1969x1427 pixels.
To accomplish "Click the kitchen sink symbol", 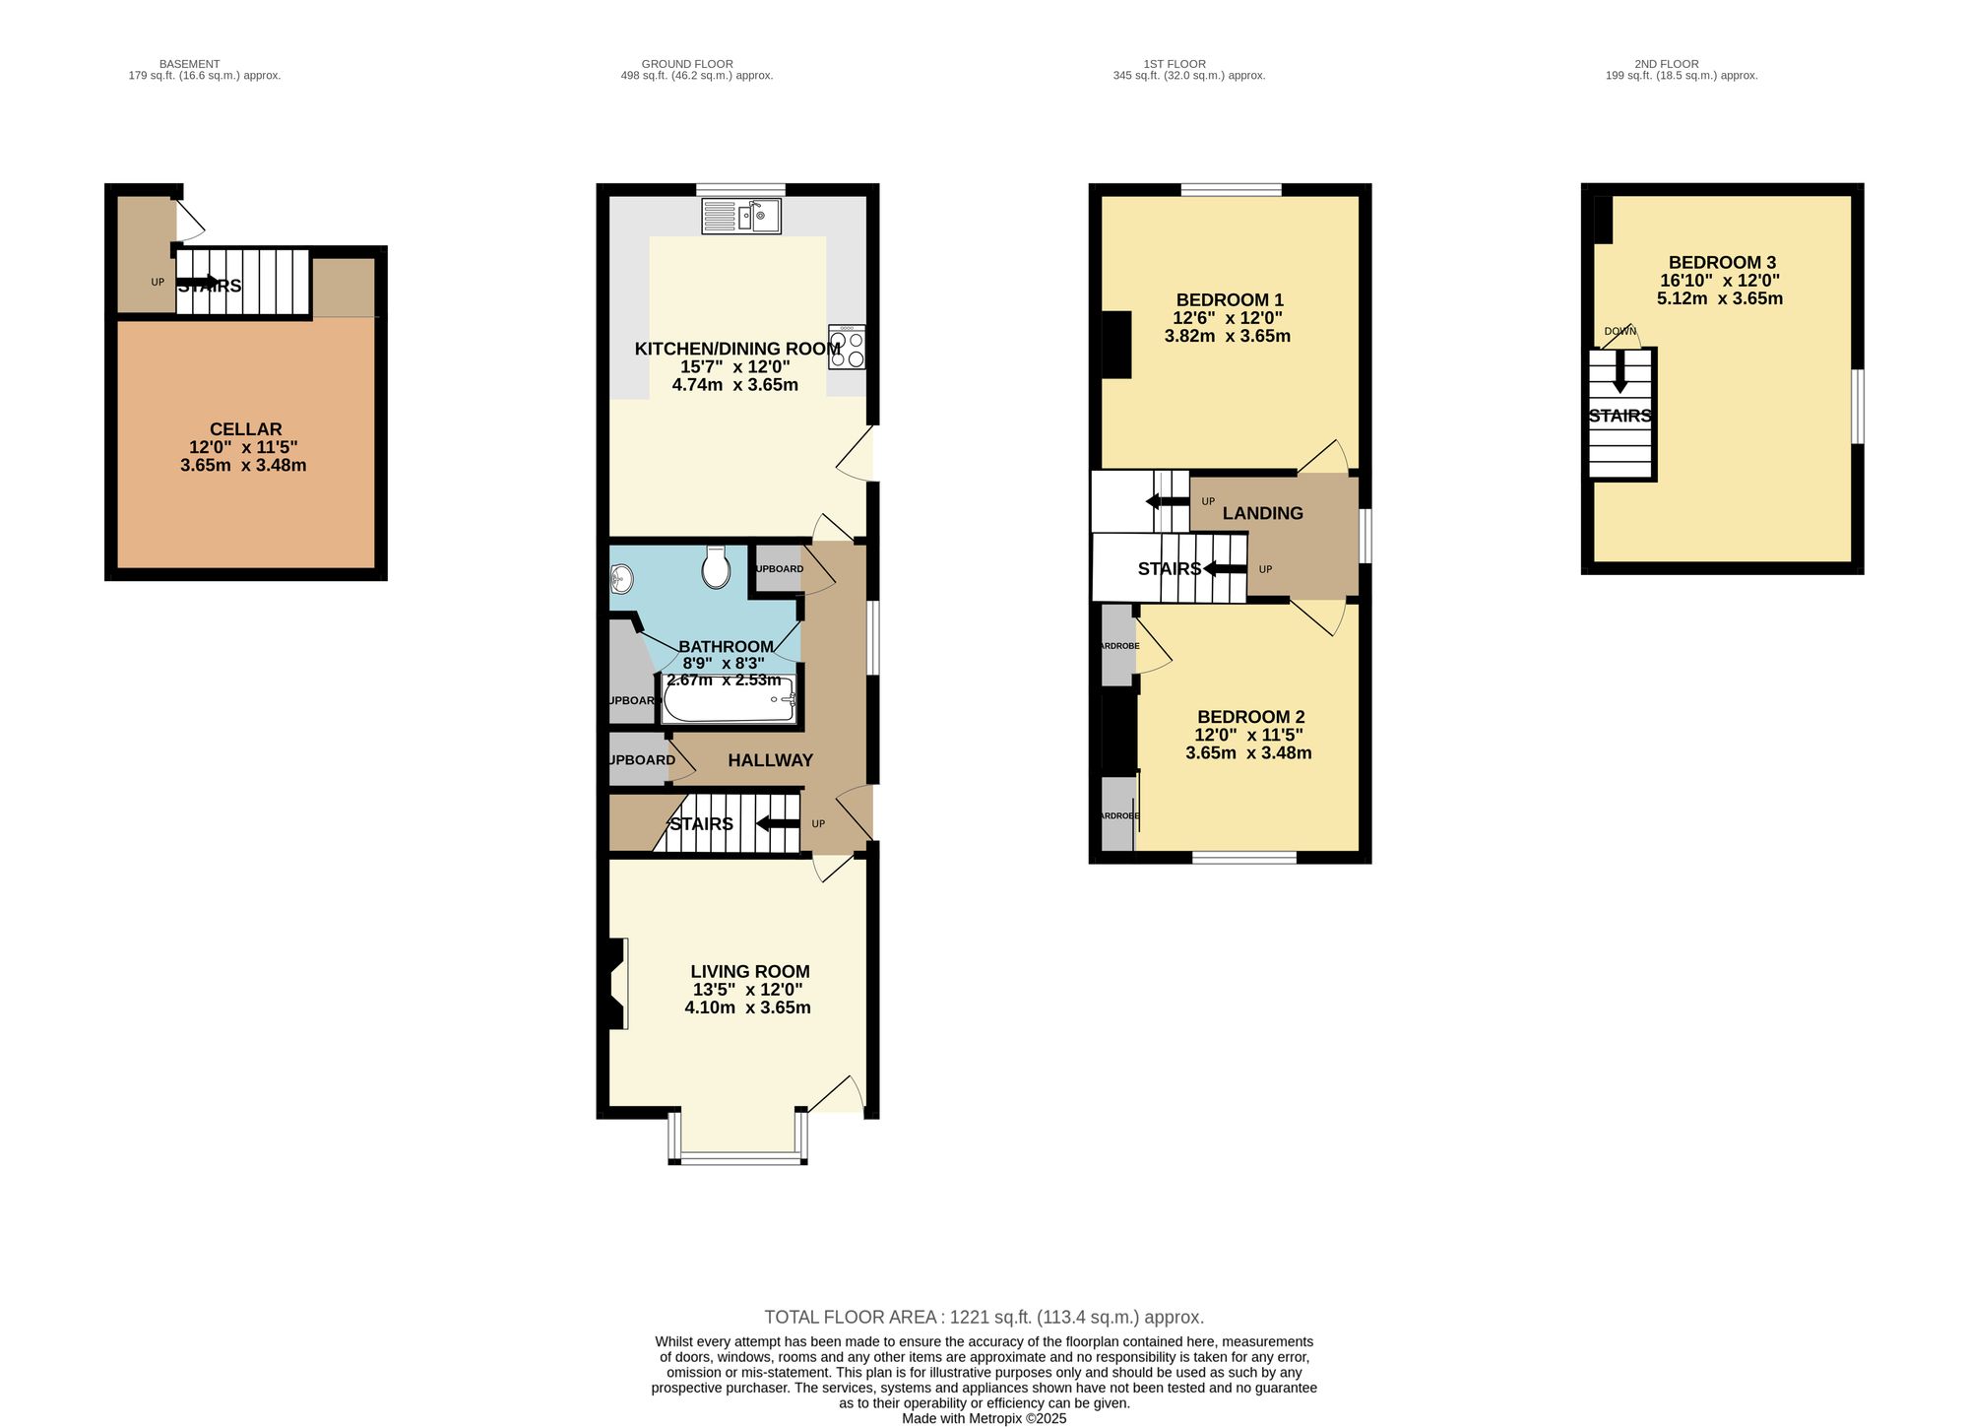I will pos(741,216).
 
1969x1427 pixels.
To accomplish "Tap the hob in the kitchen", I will pos(847,347).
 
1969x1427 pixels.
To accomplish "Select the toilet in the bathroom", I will pos(716,568).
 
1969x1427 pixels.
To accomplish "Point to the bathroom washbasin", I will pos(622,579).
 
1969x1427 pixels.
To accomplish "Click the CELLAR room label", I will pos(245,429).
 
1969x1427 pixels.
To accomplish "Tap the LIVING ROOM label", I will pos(749,972).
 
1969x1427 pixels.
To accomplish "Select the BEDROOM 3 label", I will pos(1722,263).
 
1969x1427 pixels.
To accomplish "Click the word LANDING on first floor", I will pos(1262,513).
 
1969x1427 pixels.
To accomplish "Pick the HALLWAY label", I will pos(770,760).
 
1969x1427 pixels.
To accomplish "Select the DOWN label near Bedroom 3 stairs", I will pos(1620,331).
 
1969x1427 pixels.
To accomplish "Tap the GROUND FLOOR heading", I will pos(687,64).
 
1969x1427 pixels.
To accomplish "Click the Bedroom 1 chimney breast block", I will pos(1116,345).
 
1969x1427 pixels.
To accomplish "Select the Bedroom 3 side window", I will pos(1858,406).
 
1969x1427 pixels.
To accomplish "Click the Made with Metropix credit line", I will pos(984,1419).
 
